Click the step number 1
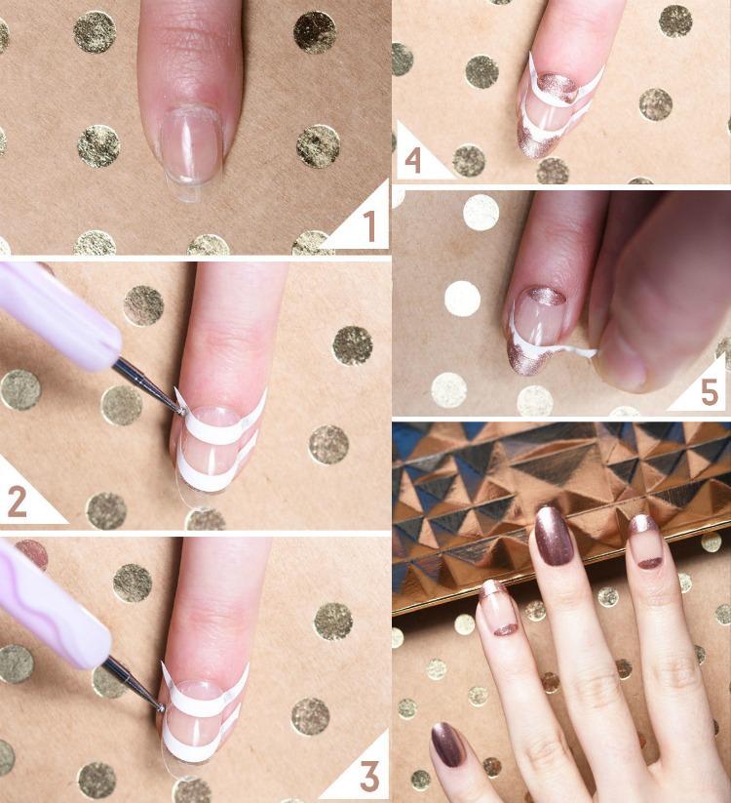[x=368, y=226]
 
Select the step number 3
[x=368, y=777]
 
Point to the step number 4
[x=412, y=159]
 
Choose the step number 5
[x=709, y=391]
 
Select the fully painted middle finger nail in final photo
[x=554, y=536]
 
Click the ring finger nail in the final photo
[x=645, y=542]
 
